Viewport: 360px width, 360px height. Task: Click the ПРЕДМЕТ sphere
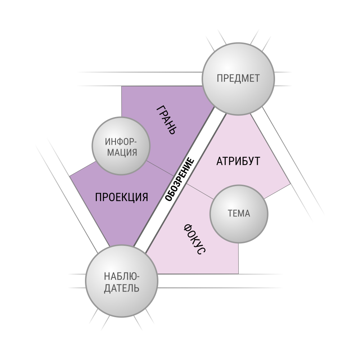(x=238, y=79)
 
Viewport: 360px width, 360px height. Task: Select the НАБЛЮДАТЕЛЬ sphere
(x=122, y=281)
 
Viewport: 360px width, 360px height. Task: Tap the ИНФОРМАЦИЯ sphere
(x=121, y=146)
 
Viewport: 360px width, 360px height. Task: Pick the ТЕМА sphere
(x=239, y=214)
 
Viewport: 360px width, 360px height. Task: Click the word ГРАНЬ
(x=167, y=120)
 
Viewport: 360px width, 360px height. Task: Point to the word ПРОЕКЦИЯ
(x=121, y=197)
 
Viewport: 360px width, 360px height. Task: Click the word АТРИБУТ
(x=238, y=161)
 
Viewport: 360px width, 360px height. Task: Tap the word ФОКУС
(x=195, y=239)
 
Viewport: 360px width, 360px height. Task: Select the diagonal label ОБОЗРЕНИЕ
(x=180, y=179)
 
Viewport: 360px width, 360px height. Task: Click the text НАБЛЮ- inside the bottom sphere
(x=122, y=276)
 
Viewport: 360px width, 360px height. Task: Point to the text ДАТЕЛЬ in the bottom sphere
(x=122, y=288)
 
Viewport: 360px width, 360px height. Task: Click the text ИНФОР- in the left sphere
(x=121, y=141)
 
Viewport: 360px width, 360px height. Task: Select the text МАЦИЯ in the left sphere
(x=122, y=152)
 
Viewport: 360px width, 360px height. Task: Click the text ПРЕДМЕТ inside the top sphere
(x=238, y=78)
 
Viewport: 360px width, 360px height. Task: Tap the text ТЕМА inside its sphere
(x=239, y=213)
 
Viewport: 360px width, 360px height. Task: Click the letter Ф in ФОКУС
(x=188, y=228)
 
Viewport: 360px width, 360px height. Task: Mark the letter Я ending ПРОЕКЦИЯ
(x=145, y=197)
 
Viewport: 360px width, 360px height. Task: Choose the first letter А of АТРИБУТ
(x=220, y=161)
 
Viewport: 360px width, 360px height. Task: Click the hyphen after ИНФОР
(x=135, y=142)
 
